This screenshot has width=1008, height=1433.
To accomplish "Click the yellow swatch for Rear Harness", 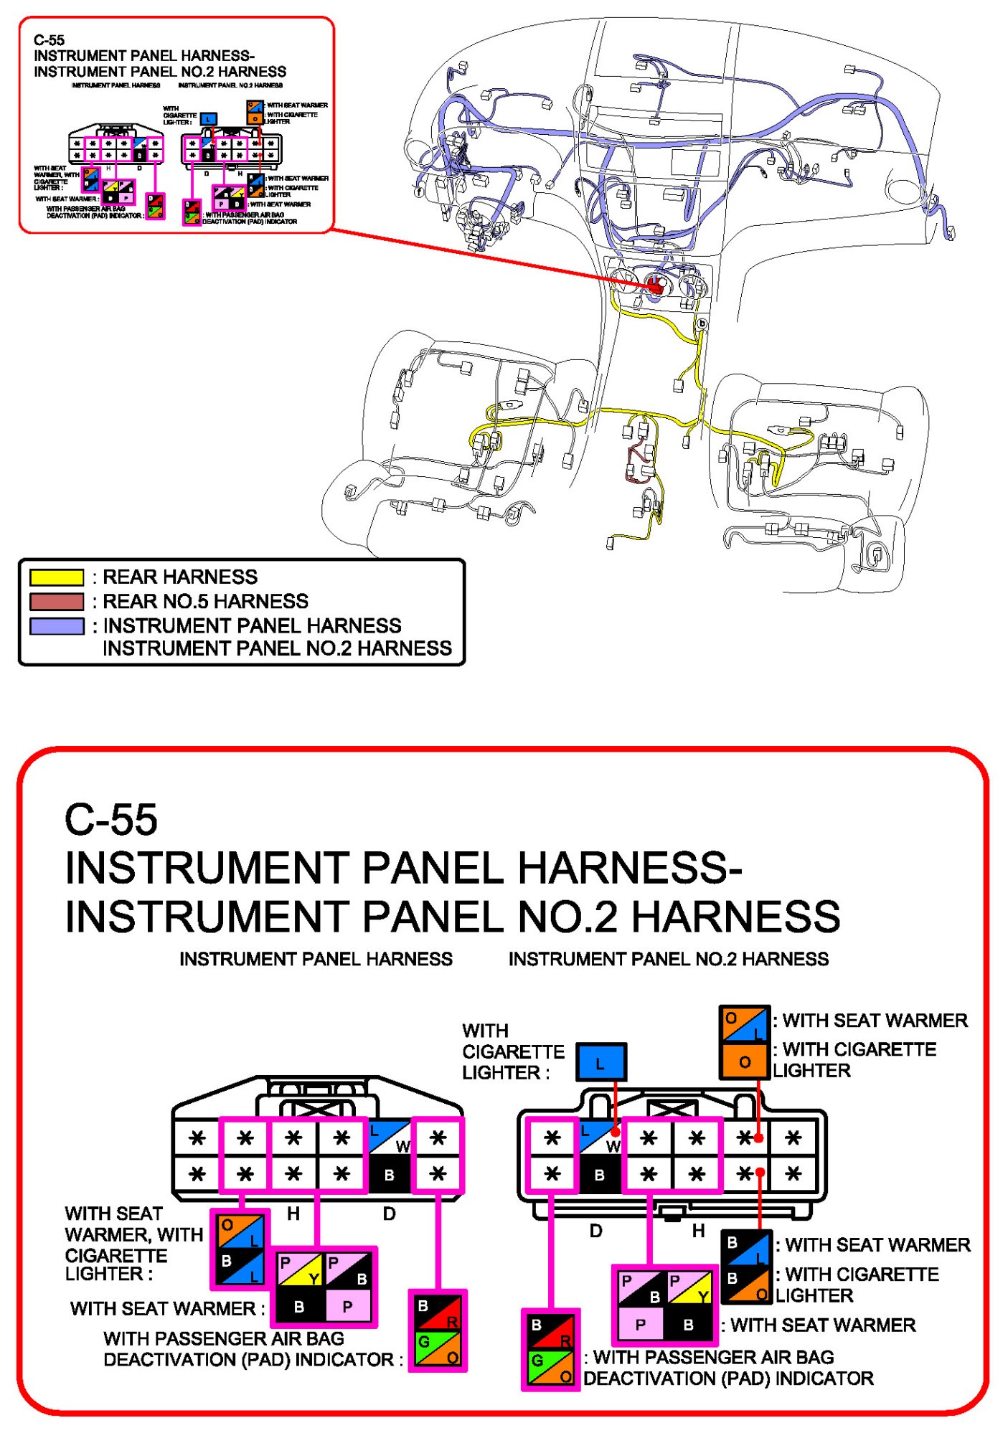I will pos(57,577).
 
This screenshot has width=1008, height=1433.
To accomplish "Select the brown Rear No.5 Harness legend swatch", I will pos(57,602).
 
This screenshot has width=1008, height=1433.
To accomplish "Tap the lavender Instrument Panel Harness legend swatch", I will pos(57,626).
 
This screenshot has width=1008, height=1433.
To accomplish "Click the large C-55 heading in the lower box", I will pos(111,819).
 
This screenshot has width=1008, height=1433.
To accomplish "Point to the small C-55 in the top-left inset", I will pos(49,40).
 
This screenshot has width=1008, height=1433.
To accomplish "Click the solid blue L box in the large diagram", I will pos(600,1062).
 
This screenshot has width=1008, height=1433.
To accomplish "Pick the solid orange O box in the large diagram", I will pos(745,1061).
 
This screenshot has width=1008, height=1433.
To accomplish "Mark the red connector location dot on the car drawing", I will pos(655,285).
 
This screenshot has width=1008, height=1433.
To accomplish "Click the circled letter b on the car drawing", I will pos(702,323).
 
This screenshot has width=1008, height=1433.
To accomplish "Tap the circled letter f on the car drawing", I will pos(419,191).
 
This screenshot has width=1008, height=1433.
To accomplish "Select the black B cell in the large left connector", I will pos(389,1175).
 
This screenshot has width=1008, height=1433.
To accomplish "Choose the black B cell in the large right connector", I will pos(599,1175).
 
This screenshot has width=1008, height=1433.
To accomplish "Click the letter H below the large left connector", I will pos(293,1214).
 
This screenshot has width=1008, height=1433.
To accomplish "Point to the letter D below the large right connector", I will pos(595,1231).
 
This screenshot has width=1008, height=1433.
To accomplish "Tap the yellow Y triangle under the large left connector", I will pos(313,1278).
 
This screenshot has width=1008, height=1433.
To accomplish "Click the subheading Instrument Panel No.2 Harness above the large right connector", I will pos(668,959).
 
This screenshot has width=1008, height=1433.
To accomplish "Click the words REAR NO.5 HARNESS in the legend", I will pos(205,601).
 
